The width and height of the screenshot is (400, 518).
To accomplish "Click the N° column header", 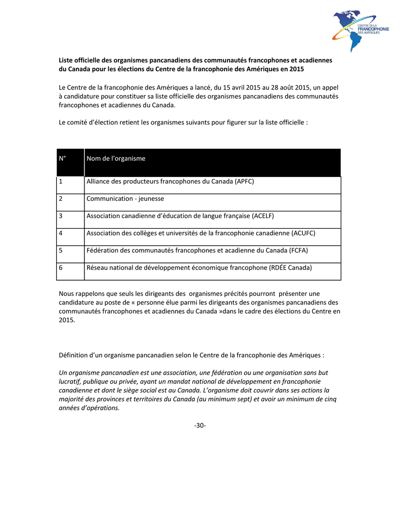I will pos(63,159).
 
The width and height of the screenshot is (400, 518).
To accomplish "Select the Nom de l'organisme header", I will pos(116,159).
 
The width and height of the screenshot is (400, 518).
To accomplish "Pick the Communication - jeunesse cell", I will pos(125,199).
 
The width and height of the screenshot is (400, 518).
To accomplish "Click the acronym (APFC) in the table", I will pos(245,182).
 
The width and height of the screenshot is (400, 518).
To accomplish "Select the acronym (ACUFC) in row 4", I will pos(303,233).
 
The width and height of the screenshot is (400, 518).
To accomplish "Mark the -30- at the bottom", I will pos(200,425).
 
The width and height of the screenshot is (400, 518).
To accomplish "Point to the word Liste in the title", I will pos(67,60).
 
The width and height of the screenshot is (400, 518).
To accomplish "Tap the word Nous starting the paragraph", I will pos(67,293).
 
